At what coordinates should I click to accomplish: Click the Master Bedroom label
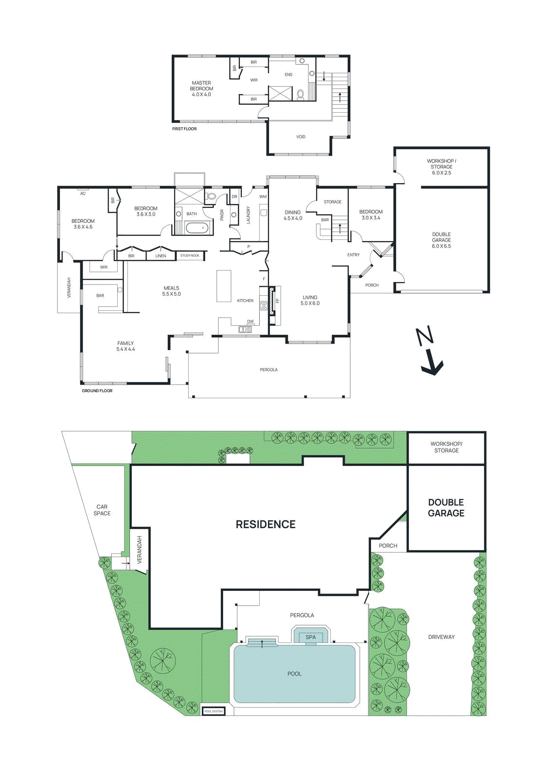pyautogui.click(x=201, y=89)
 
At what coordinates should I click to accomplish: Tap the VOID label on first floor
pyautogui.click(x=301, y=137)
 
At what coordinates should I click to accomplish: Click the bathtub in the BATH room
pyautogui.click(x=198, y=228)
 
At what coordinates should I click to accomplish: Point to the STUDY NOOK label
pyautogui.click(x=190, y=255)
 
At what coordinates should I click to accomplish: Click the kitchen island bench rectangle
pyautogui.click(x=224, y=286)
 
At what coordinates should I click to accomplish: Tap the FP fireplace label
pyautogui.click(x=278, y=301)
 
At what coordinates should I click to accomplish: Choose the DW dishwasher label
pyautogui.click(x=250, y=321)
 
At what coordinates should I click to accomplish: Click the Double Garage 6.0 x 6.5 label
pyautogui.click(x=441, y=240)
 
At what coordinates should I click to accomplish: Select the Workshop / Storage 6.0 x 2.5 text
pyautogui.click(x=441, y=167)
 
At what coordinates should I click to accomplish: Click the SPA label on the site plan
pyautogui.click(x=311, y=637)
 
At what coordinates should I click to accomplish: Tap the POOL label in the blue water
pyautogui.click(x=294, y=674)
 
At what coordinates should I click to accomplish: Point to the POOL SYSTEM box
pyautogui.click(x=213, y=711)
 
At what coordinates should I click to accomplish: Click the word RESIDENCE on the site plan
pyautogui.click(x=266, y=524)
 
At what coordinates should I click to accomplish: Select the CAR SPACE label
pyautogui.click(x=102, y=510)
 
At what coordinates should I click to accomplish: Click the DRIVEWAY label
pyautogui.click(x=441, y=637)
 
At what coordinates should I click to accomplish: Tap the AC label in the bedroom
pyautogui.click(x=83, y=194)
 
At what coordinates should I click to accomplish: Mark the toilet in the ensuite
pyautogui.click(x=301, y=94)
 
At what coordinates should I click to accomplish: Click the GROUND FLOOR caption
pyautogui.click(x=97, y=391)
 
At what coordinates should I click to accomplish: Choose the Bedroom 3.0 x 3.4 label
pyautogui.click(x=371, y=215)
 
